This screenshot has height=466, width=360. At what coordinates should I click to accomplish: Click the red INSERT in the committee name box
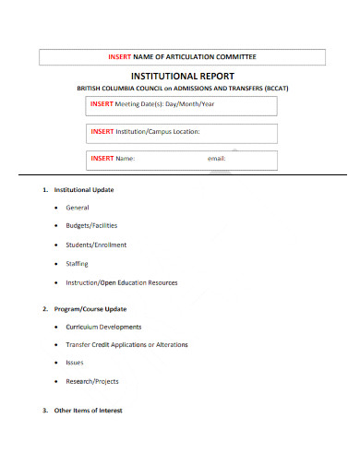[120, 57]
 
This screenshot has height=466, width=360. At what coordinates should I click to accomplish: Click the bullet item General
[78, 208]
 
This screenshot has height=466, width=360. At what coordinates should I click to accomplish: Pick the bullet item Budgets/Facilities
[91, 226]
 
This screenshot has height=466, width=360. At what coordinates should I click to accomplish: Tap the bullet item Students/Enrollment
[96, 245]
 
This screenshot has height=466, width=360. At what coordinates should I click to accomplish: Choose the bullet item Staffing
[78, 263]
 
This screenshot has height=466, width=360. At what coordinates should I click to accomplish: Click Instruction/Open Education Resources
[122, 282]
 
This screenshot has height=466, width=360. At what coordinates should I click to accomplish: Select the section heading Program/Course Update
[90, 308]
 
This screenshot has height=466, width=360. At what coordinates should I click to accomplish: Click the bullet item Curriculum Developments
[103, 327]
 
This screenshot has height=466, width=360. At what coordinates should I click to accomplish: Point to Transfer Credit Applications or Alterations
[126, 344]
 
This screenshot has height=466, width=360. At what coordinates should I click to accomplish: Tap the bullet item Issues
[75, 363]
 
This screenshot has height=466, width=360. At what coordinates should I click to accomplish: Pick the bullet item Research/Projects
[92, 381]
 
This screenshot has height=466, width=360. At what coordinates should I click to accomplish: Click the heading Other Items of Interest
[89, 410]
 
